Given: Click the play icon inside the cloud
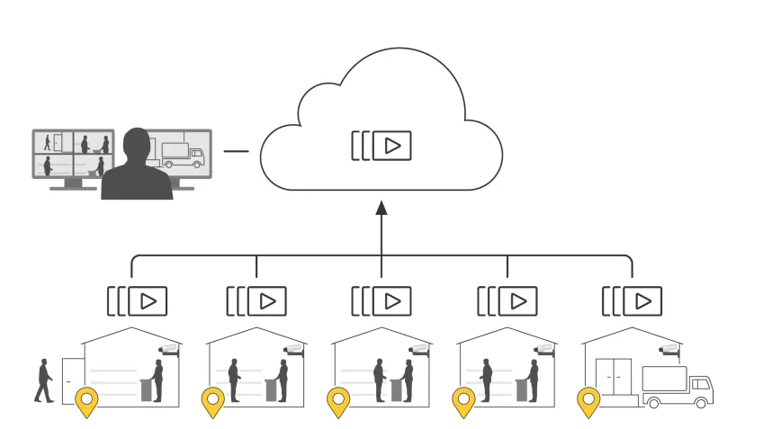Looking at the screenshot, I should tap(391, 146).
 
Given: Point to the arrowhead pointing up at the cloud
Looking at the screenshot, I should tap(381, 208).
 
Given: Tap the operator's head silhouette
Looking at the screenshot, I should tap(136, 144).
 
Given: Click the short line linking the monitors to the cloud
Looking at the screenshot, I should tap(236, 151).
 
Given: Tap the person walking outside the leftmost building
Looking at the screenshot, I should tap(43, 380).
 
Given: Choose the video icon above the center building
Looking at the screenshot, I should tap(391, 300).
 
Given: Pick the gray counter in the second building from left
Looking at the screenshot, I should tap(269, 388).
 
